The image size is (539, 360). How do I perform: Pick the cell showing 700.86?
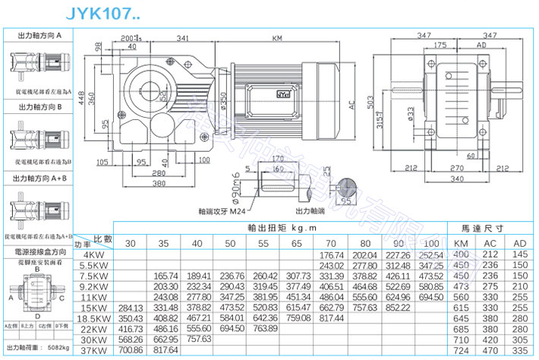(131, 350)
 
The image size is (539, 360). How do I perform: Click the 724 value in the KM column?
(460, 350)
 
